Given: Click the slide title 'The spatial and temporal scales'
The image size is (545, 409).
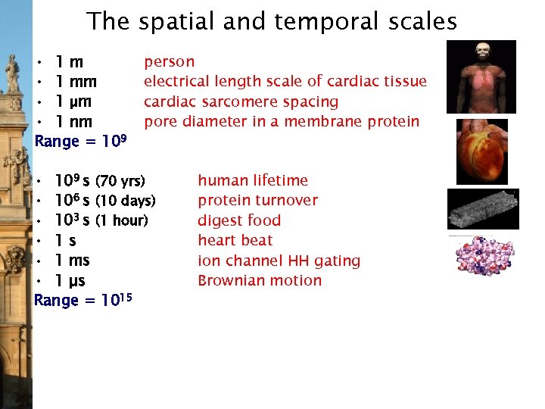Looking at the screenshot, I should coord(272,21).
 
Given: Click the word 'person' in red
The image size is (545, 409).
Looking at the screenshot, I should coord(169,61).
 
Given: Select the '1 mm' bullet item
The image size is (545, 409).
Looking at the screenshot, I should coord(75,82).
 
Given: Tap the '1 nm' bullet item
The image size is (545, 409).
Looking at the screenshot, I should coord(74,122).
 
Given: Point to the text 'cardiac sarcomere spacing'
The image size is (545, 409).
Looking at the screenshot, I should coord(241,101).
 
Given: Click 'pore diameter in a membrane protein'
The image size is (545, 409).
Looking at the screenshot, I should coord(281,121).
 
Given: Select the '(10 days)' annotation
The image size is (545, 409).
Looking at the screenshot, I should coord(125,201).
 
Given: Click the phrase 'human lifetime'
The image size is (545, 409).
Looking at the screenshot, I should coord(253,180).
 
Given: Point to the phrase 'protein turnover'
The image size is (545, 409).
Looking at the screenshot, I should coord(257,201).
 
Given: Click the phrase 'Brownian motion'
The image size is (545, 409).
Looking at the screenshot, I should coord(260,281).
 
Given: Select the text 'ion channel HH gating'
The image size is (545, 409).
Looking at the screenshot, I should coord(279,261).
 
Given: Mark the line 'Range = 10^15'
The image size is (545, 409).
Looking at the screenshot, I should coord(83,301).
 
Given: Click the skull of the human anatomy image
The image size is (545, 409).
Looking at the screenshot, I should coord(482,52).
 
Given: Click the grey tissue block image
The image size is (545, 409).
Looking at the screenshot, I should coord(483,208).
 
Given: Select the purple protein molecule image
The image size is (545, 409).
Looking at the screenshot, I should coord(483,255).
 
